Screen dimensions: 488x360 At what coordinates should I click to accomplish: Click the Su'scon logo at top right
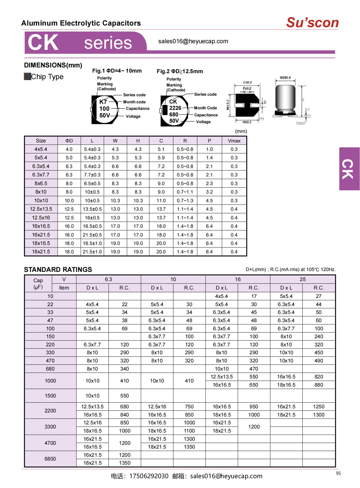coord(312,23)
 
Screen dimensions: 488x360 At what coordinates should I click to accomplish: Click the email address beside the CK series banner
coord(193,41)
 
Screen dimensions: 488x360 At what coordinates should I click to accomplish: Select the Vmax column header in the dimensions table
coord(234,141)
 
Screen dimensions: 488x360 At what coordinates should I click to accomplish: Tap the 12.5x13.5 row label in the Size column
coord(41,209)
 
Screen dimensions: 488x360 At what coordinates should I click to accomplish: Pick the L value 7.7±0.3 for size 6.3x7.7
coord(92,175)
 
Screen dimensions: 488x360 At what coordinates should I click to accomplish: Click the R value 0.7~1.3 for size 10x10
coord(185,201)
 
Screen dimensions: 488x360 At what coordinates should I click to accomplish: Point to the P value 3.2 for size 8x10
coord(209,192)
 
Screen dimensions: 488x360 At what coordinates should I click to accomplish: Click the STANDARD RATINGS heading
coord(58,269)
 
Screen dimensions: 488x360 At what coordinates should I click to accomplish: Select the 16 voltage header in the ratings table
coord(238,279)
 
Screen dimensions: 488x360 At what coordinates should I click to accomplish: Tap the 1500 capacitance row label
coord(50,396)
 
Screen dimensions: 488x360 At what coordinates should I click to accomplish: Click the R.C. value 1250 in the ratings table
coord(319,406)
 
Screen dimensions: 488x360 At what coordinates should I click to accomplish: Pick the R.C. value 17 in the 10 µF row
coord(254,296)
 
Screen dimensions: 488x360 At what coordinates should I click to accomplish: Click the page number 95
coord(338,473)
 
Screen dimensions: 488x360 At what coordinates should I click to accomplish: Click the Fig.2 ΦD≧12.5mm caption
coord(180,71)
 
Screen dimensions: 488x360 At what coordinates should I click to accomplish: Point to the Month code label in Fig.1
coord(134,102)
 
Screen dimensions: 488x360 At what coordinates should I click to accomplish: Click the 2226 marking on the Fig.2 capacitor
coord(175,108)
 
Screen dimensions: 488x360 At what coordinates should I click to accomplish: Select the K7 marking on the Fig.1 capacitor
coord(103,102)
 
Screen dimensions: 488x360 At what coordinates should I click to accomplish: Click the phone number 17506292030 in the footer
coord(149,476)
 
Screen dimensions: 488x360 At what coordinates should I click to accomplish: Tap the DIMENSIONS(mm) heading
coord(53,65)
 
